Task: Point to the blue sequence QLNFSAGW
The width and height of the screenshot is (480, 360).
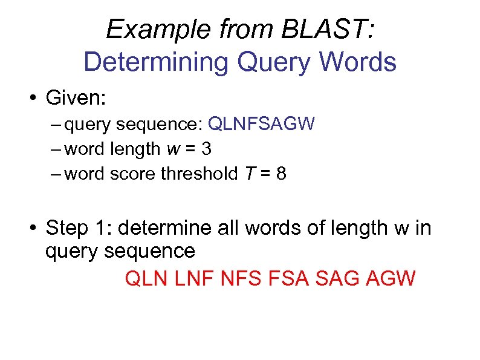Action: pyautogui.click(x=261, y=125)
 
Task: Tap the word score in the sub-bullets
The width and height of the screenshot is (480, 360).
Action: pyautogui.click(x=134, y=174)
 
